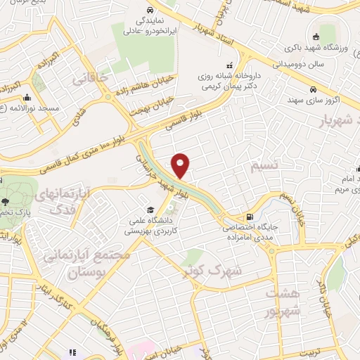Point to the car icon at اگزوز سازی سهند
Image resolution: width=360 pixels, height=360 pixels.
tap(323, 89)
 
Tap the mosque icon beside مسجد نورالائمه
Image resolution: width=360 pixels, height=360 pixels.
tap(27, 98)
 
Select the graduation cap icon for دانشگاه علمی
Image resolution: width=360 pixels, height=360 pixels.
tap(150, 210)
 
